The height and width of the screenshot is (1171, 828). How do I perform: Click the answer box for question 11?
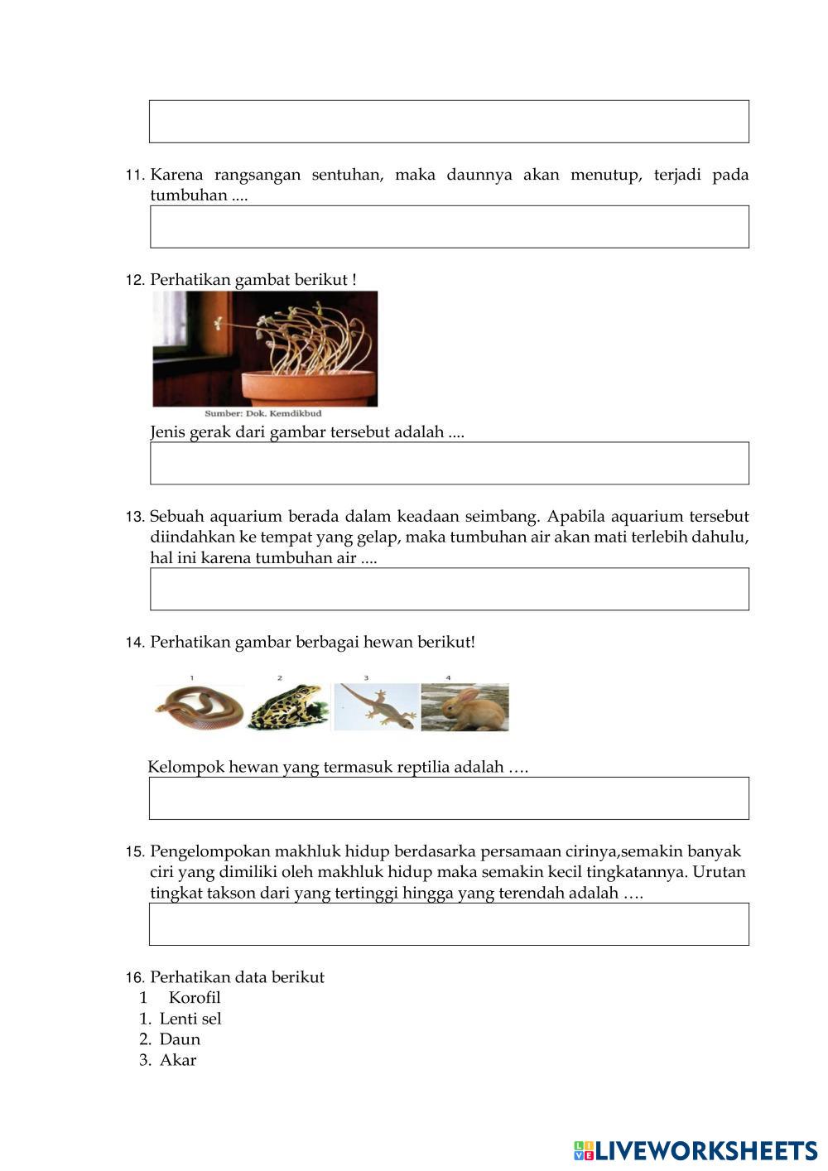(449, 227)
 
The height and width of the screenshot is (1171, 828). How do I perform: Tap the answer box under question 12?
(449, 463)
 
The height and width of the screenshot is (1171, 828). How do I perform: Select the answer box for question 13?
(449, 589)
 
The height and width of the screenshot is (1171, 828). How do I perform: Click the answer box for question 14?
(449, 798)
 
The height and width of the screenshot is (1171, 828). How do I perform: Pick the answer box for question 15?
(449, 924)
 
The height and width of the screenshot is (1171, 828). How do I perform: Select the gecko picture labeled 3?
(377, 706)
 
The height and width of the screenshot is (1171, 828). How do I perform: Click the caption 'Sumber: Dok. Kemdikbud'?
(262, 413)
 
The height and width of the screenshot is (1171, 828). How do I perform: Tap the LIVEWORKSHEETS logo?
(696, 1150)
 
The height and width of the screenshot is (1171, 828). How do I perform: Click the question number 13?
(135, 517)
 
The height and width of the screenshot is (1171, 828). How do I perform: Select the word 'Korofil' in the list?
(195, 998)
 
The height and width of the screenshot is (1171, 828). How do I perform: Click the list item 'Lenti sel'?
(190, 1019)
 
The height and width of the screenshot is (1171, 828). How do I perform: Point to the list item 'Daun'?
(180, 1039)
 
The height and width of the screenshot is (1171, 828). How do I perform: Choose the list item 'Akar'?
(178, 1060)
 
